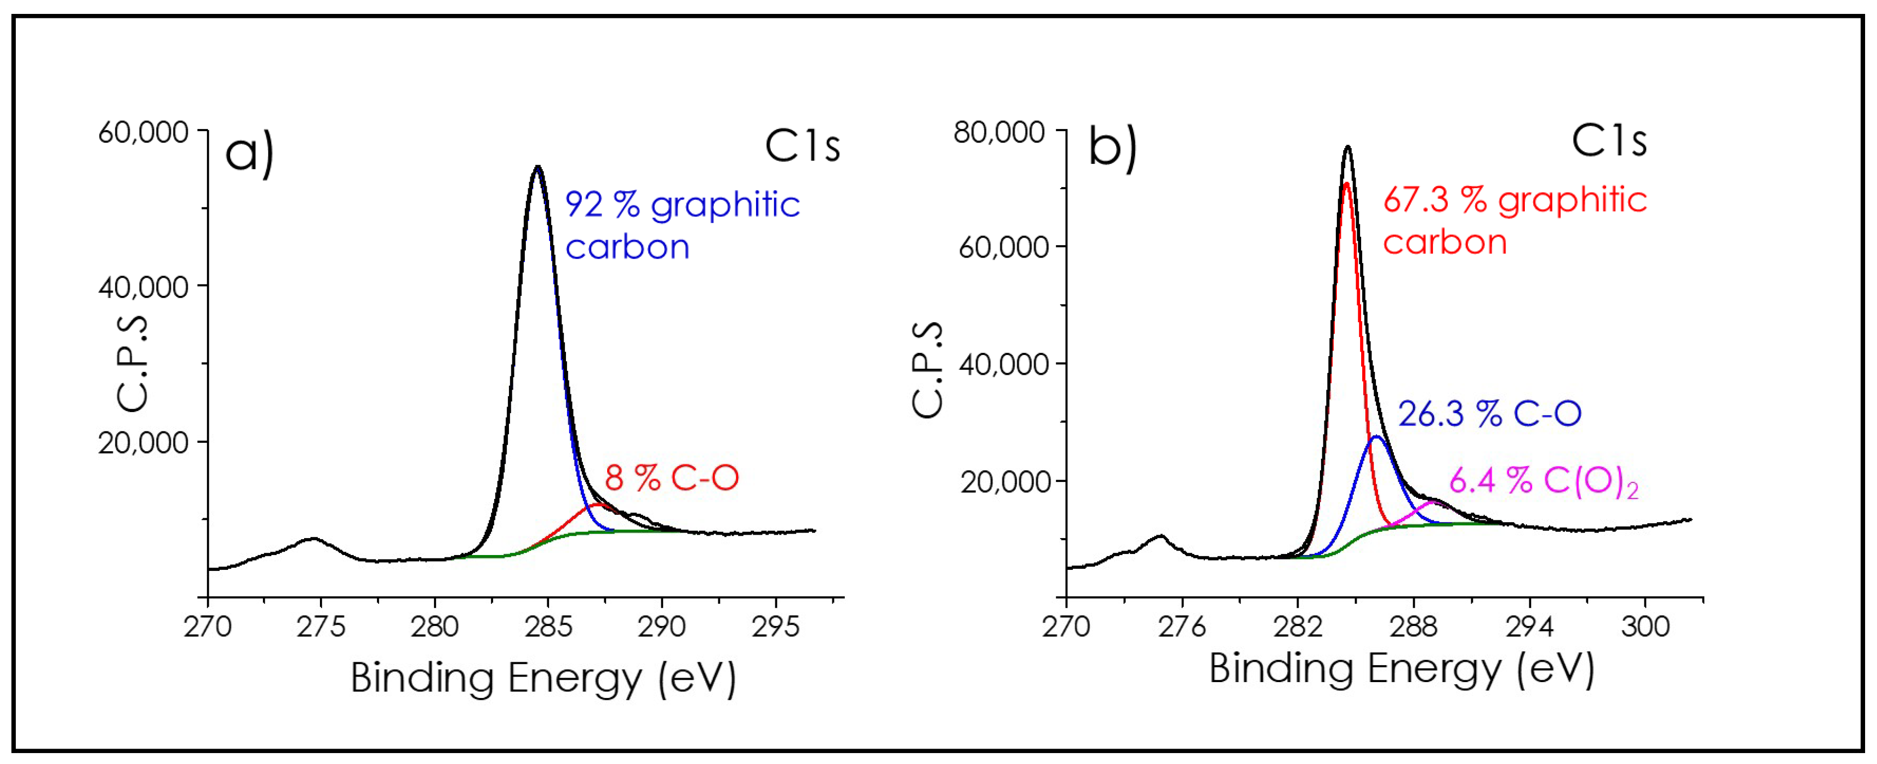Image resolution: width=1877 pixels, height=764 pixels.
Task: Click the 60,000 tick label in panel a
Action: click(x=143, y=133)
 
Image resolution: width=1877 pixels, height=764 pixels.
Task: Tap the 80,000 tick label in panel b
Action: click(x=999, y=133)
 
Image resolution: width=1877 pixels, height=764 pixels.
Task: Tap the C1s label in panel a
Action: click(x=802, y=146)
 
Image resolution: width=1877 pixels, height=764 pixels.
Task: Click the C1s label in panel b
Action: click(x=1609, y=140)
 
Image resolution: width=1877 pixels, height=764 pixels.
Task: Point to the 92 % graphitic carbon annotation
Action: click(x=682, y=224)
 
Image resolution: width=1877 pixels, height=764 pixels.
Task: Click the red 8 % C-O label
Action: click(x=671, y=478)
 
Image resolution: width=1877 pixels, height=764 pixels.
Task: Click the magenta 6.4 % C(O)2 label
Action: click(x=1543, y=481)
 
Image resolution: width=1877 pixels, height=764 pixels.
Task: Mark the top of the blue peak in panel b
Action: click(x=1376, y=437)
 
